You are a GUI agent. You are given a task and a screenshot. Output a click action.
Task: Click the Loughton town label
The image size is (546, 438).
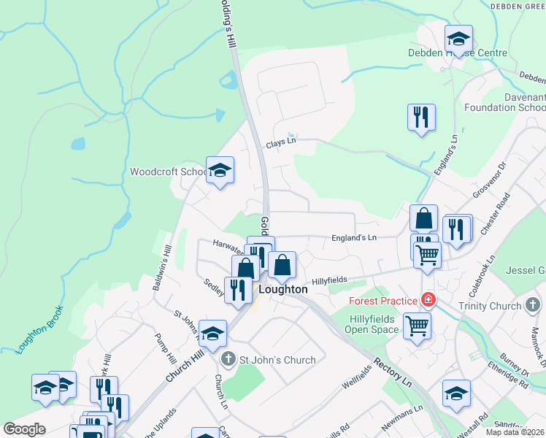(283, 289)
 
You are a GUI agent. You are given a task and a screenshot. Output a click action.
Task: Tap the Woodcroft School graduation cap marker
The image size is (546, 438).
(220, 171)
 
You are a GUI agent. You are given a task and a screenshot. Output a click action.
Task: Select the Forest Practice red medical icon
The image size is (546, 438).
(428, 300)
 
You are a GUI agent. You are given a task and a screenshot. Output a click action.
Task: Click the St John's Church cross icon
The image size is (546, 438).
(228, 359)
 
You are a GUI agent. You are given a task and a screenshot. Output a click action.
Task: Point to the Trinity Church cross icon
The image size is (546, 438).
(533, 305)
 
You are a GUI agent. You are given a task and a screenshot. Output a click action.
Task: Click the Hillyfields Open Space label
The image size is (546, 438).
(372, 324)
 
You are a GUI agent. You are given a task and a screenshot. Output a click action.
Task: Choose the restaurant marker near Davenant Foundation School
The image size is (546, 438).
(421, 117)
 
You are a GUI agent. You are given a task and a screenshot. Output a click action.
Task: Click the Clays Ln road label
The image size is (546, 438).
(281, 145)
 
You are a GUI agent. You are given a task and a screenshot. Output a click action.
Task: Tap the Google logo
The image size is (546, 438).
(24, 429)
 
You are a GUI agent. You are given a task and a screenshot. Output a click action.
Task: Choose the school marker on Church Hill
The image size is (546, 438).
(212, 334)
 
